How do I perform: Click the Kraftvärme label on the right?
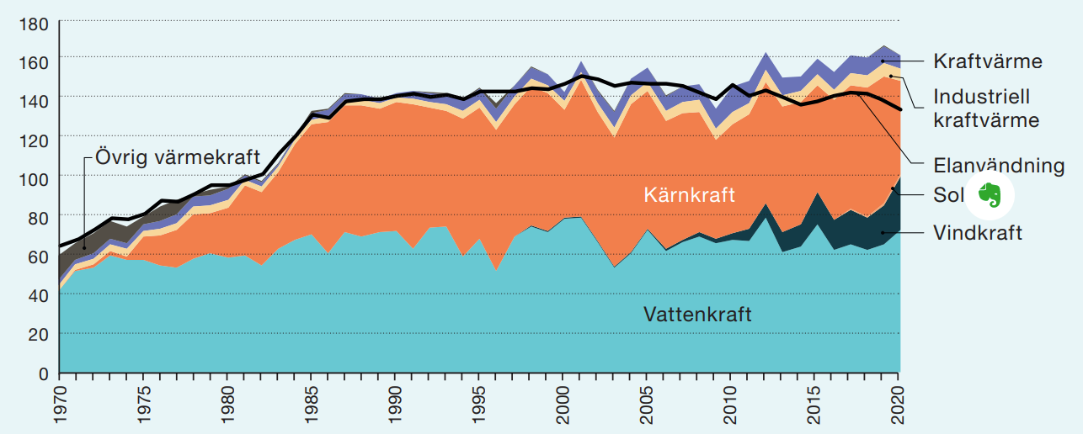tap(988, 61)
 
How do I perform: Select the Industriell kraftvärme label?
tap(985, 108)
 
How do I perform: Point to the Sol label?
tap(947, 196)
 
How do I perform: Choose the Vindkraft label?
tap(978, 233)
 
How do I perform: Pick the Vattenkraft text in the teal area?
tap(697, 315)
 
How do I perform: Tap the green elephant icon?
tap(990, 196)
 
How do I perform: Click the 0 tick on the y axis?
tap(43, 373)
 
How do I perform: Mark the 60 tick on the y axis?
tap(37, 257)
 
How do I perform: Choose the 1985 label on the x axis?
tap(312, 405)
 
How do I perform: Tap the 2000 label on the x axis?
tap(564, 405)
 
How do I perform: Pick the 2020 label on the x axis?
tap(899, 405)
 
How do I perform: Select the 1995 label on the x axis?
tap(480, 405)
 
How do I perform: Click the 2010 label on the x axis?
tap(732, 405)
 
